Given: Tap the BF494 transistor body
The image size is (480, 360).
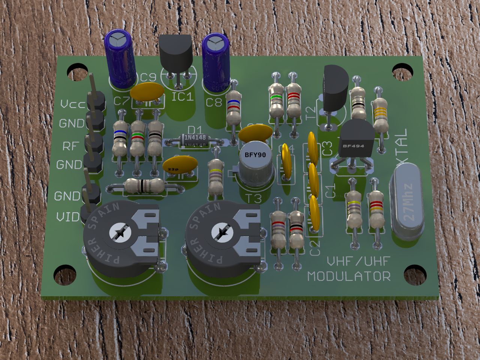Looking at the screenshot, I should pos(356,141).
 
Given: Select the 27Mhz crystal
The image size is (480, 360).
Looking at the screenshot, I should pos(407,204).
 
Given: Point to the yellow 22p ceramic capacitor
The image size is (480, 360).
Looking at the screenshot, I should pos(180,165).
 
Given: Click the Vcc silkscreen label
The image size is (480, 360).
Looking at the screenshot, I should pos(73,105).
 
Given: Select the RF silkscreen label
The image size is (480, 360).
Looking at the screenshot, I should pos(70,146).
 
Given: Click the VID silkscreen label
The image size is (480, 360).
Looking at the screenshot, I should pos(68,217).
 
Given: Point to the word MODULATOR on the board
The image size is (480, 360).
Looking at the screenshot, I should pos(349,276).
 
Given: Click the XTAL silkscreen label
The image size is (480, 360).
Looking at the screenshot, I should pos(402,146).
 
